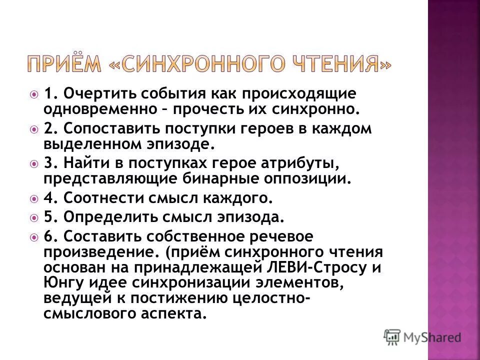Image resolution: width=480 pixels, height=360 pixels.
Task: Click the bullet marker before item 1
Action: click(34, 93)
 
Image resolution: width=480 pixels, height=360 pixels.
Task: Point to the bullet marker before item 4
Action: click(34, 198)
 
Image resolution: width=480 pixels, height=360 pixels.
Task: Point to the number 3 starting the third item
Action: click(48, 163)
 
